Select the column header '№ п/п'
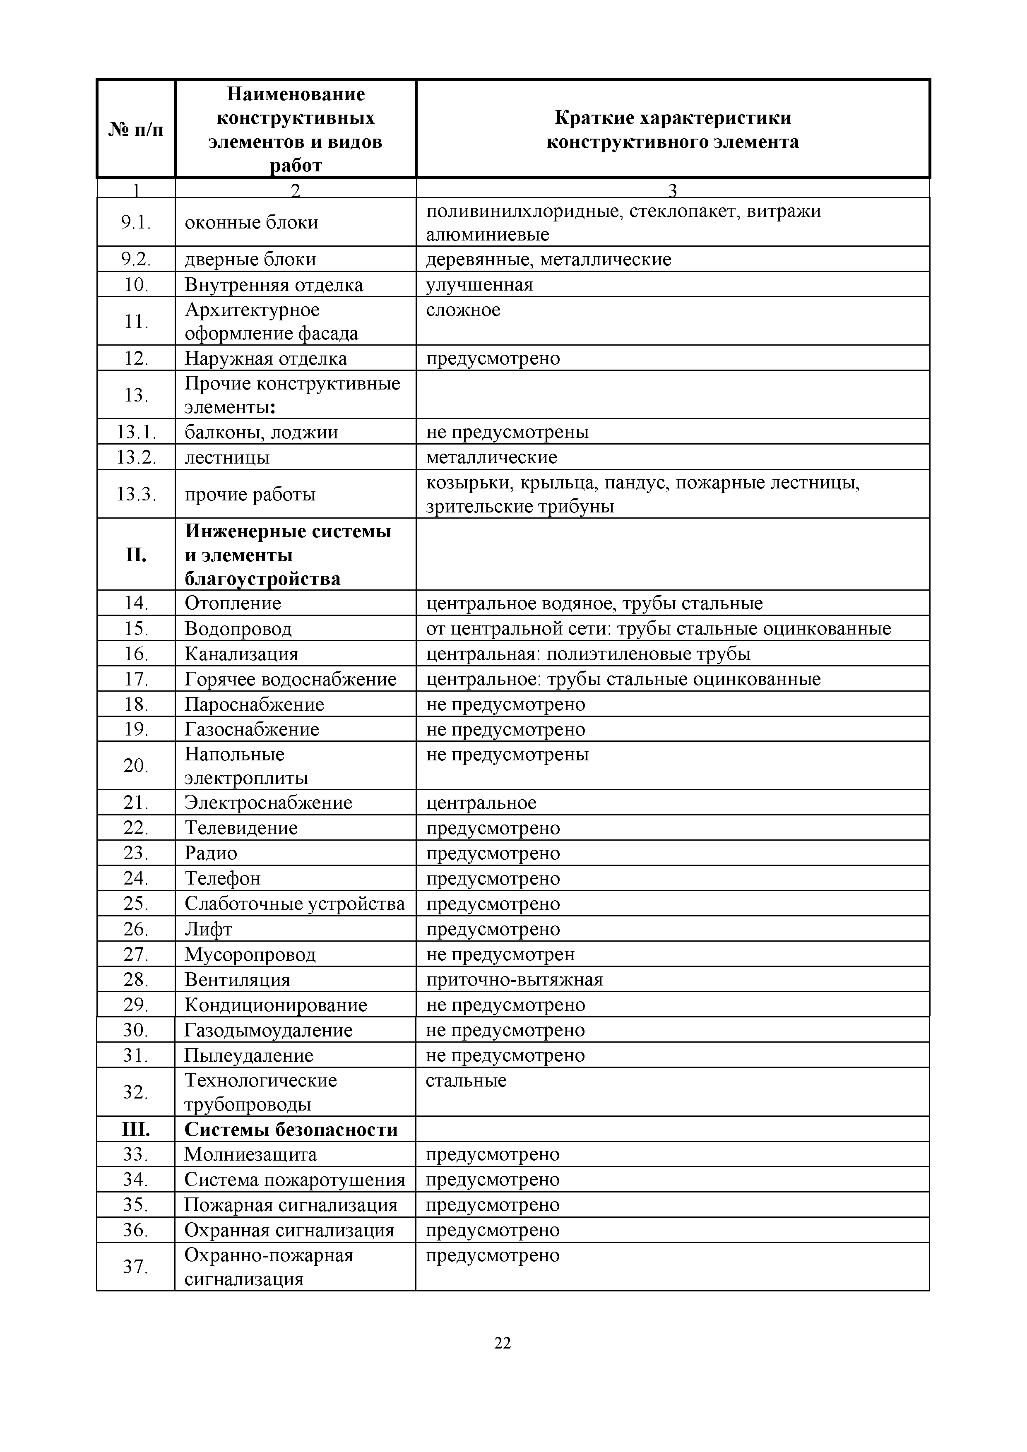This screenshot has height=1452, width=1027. pyautogui.click(x=136, y=130)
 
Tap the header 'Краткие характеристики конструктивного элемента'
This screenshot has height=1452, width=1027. pyautogui.click(x=672, y=130)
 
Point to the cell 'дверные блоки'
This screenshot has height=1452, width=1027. pyautogui.click(x=250, y=259)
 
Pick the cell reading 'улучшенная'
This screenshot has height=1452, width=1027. pyautogui.click(x=479, y=285)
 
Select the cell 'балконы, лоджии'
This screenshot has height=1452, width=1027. pyautogui.click(x=261, y=432)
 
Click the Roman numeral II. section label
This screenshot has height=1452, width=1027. pyautogui.click(x=136, y=555)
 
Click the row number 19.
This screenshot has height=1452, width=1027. pyautogui.click(x=136, y=729)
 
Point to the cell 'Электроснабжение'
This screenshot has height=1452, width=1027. pyautogui.click(x=268, y=803)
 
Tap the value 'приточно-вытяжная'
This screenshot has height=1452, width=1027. pyautogui.click(x=514, y=980)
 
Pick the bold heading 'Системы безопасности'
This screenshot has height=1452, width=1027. pyautogui.click(x=291, y=1130)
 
